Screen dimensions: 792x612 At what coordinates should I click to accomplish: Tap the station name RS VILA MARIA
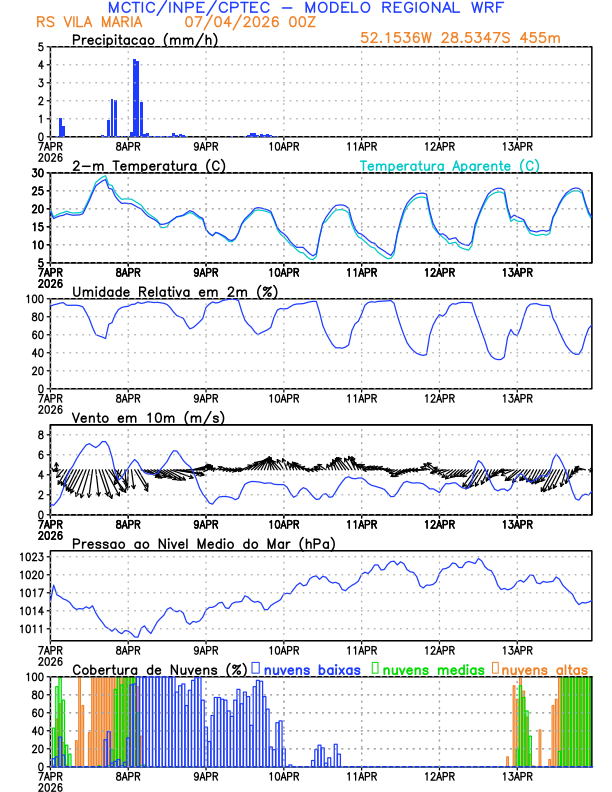point(83,21)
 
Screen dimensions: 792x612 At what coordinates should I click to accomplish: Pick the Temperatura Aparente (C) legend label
point(450,165)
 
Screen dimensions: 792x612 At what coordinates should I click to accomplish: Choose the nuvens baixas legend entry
point(311,668)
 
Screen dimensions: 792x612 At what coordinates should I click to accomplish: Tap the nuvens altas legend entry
point(543,668)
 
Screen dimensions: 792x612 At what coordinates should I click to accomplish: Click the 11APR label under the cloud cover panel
point(361,776)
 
